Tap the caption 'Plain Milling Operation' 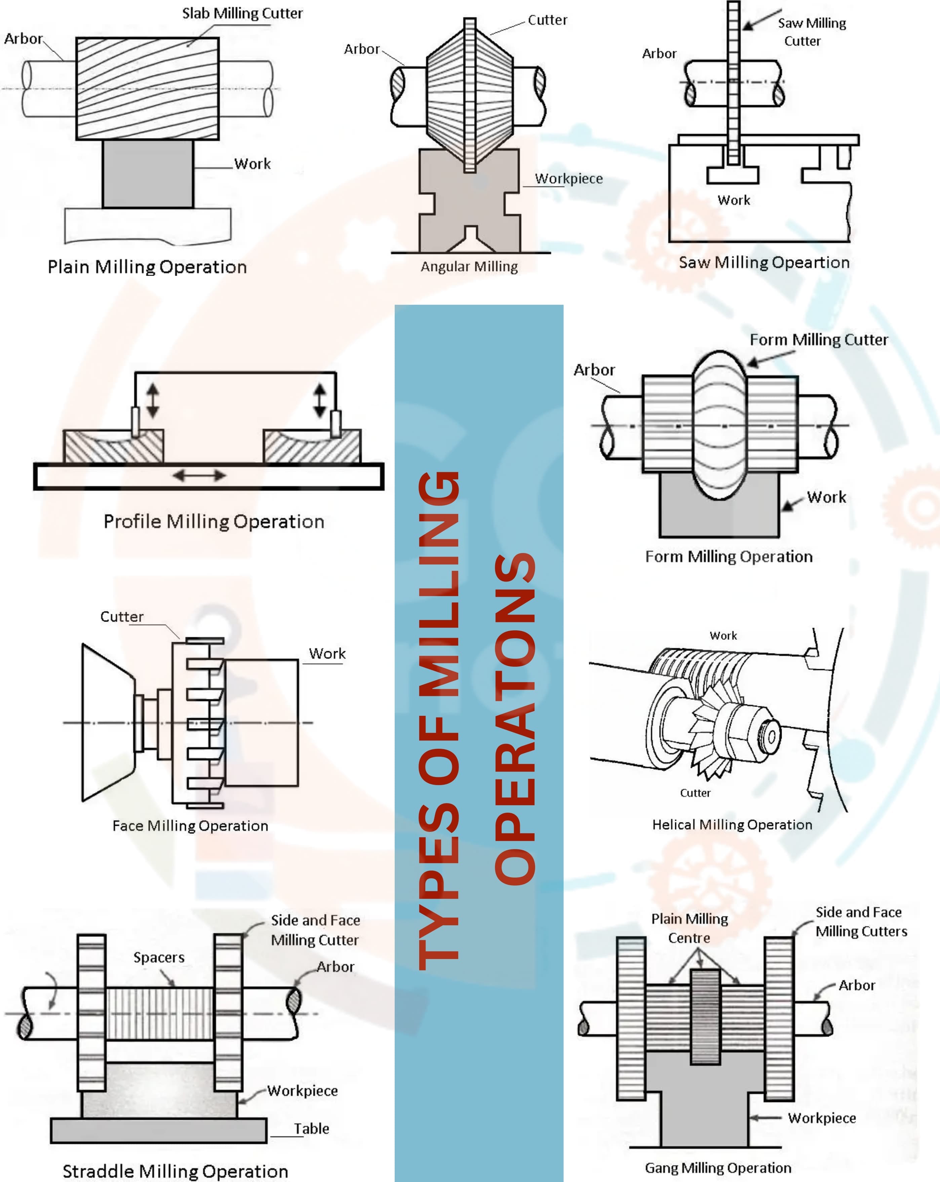[147, 267]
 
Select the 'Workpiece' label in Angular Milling [569, 179]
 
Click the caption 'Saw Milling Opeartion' [763, 263]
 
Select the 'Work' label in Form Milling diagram [826, 497]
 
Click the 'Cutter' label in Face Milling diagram [122, 617]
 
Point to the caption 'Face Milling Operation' [190, 826]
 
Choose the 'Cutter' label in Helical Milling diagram [695, 793]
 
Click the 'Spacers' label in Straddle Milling [159, 957]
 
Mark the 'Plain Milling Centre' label [689, 928]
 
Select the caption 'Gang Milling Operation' [717, 1168]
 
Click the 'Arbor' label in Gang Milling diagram [857, 985]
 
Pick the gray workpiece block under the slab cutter [148, 173]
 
